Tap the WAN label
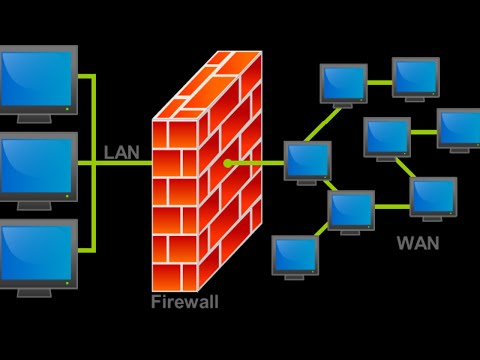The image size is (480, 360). click(418, 243)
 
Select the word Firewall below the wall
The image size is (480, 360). click(184, 301)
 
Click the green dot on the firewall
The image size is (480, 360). click(228, 162)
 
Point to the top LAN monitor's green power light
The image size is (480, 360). click(66, 107)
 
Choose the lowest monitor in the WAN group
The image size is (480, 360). click(295, 255)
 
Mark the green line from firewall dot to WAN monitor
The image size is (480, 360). click(257, 162)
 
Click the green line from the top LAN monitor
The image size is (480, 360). click(86, 76)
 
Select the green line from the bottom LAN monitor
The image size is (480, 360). click(86, 249)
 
